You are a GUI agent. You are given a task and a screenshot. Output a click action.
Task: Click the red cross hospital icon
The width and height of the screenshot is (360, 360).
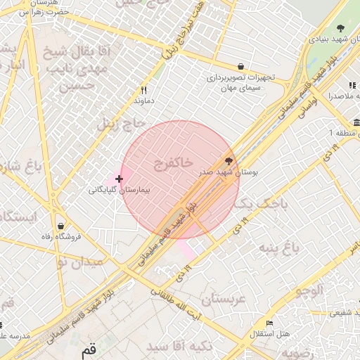[118, 179]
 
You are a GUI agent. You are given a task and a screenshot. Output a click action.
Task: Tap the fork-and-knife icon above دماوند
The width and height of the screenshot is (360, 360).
[143, 90]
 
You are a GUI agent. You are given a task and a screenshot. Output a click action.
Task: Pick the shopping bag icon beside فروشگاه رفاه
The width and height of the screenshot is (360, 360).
[62, 226]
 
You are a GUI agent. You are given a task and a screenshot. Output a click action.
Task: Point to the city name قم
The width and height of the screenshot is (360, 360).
[88, 350]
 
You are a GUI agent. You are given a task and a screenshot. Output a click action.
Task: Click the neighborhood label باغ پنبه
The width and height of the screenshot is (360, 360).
[278, 247]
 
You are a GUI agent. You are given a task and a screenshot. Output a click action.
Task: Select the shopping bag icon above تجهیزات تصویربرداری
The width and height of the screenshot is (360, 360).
[242, 65]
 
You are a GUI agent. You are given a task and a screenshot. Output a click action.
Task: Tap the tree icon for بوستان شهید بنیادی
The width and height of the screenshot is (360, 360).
[340, 29]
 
